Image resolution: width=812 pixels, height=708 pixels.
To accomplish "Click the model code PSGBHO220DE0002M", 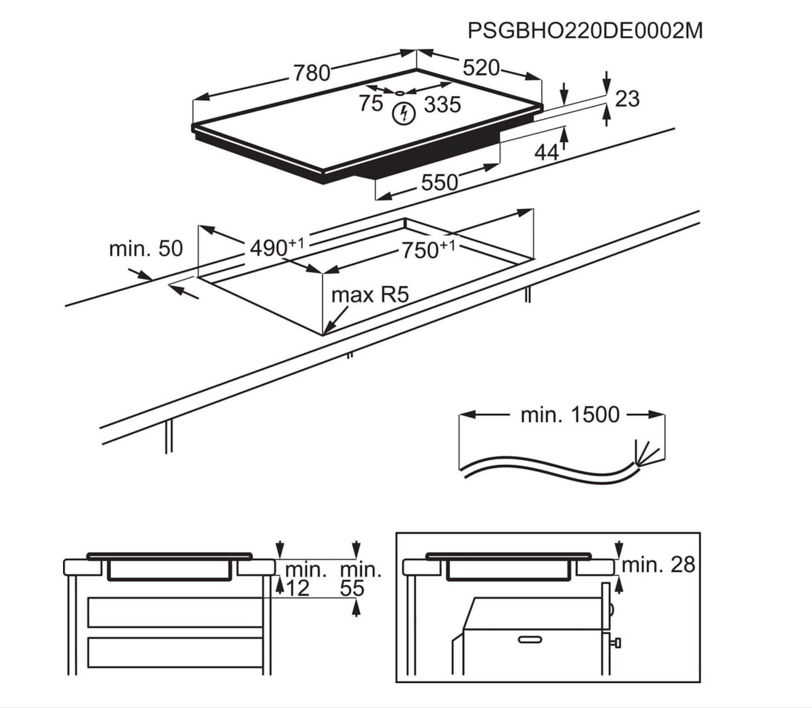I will click(x=585, y=31).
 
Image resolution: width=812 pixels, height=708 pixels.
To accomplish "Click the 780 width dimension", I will click(x=312, y=73).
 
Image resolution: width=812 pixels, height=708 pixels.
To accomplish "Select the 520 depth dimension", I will click(x=481, y=68).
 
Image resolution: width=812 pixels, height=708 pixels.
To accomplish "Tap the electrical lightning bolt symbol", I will click(x=404, y=114).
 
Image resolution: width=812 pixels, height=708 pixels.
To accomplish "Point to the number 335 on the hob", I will click(x=442, y=105).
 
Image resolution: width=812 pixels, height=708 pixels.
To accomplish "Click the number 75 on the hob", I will click(x=371, y=103).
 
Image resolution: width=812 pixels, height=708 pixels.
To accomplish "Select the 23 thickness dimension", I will click(x=627, y=99).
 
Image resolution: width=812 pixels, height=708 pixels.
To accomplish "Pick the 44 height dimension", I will click(x=546, y=152).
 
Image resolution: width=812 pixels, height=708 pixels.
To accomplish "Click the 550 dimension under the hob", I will click(x=440, y=183).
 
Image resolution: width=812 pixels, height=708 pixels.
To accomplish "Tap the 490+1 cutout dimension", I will click(x=276, y=247).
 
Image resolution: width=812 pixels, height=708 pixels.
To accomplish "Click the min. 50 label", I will click(x=146, y=249).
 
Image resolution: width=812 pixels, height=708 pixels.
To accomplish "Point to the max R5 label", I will click(x=370, y=295).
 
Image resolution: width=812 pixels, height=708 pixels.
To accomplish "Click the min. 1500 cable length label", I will click(x=570, y=415).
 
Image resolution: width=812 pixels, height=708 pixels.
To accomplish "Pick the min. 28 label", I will click(x=658, y=565).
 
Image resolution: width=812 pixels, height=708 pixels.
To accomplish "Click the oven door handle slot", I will click(x=530, y=639).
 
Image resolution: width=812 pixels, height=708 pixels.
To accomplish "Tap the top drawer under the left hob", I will click(x=175, y=612).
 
